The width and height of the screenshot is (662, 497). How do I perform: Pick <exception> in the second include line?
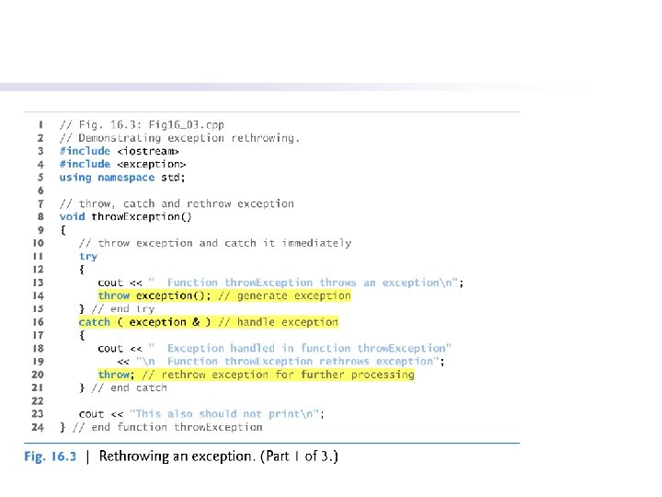[151, 164]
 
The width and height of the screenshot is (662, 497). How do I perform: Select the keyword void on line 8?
[72, 217]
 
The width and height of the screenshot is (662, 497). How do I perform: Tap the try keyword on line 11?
[88, 257]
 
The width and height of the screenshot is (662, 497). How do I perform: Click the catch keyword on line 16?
[95, 322]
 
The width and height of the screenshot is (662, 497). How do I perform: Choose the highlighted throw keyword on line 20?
[114, 375]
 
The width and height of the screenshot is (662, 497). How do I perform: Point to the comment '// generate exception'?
[284, 295]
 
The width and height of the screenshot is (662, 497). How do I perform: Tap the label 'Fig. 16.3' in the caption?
[51, 456]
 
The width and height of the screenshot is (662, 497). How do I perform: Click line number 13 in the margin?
[39, 283]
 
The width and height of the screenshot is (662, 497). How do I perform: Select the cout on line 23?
[91, 414]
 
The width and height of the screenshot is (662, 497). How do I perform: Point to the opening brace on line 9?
[63, 230]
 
